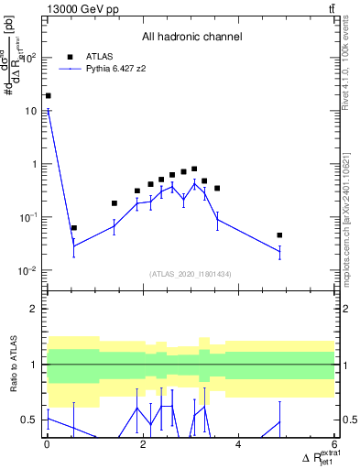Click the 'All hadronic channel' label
coord(191,38)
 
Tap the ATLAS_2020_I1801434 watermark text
coord(191,274)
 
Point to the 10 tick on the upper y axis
coord(31,111)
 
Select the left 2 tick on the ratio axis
coord(36,309)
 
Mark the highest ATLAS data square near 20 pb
coord(48,95)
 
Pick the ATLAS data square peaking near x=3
coord(194,169)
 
